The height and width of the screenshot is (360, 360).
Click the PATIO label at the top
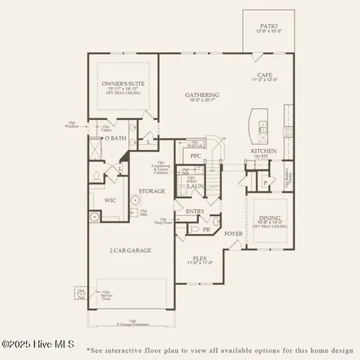pos(268,25)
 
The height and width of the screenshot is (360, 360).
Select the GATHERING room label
pos(202,95)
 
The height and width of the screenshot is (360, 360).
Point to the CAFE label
pos(265,76)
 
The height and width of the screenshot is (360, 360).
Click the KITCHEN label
pos(264,151)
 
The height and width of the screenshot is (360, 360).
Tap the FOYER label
pos(233,233)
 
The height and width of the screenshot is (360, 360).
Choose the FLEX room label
pos(199,257)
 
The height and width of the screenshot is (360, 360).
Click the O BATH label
pos(115,139)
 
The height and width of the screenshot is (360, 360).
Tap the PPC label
pos(196,156)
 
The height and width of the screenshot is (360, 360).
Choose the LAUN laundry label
pos(196,185)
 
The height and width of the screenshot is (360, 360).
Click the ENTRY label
pos(195,211)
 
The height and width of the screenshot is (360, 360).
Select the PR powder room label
pos(206,229)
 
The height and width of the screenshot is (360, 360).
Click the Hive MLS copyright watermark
pos(37,344)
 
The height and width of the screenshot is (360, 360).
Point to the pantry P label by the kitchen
pos(265,183)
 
